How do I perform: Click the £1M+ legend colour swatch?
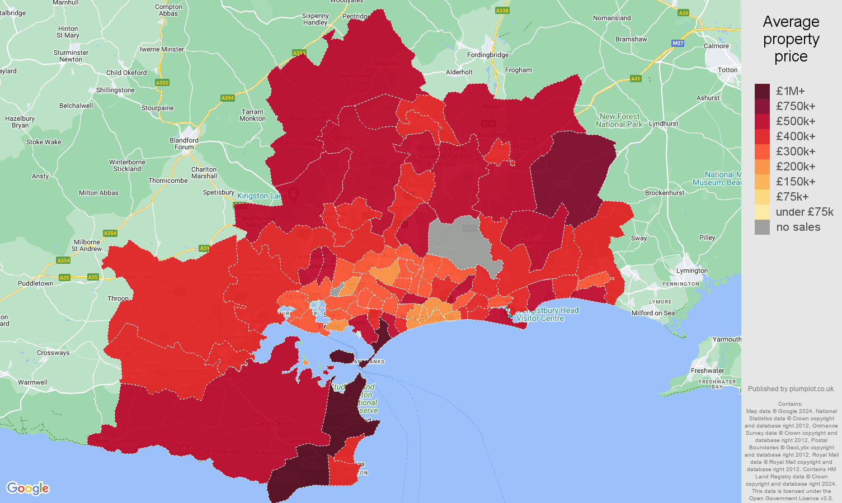click(762, 91)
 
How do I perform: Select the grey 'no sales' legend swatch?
click(762, 227)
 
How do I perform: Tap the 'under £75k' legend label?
click(804, 212)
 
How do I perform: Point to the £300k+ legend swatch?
click(762, 151)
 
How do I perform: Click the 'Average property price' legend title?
click(791, 39)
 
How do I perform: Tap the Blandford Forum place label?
click(184, 144)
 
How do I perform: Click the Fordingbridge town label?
click(488, 55)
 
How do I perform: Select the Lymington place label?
click(692, 271)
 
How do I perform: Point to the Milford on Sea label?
click(653, 313)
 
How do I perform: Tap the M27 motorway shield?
click(678, 43)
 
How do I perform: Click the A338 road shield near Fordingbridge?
click(502, 11)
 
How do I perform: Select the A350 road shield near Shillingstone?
click(162, 83)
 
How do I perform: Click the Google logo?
click(28, 488)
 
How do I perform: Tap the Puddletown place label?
click(35, 283)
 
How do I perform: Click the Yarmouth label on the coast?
click(727, 339)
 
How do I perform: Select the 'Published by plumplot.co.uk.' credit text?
click(791, 389)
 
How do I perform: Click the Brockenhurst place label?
click(664, 193)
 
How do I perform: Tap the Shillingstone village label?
click(115, 90)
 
